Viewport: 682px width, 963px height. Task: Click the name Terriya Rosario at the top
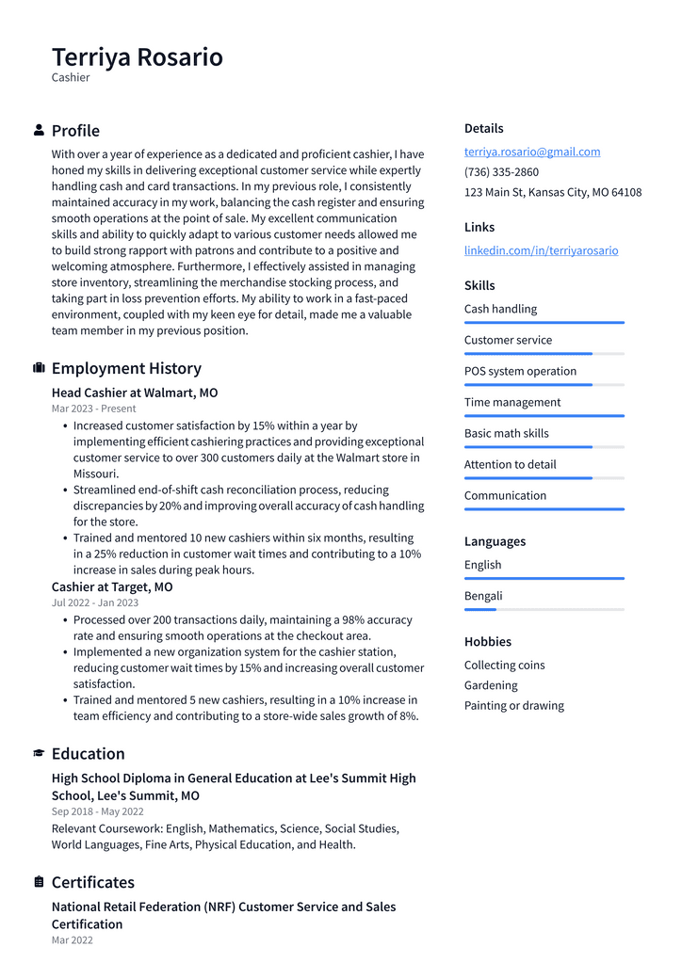[138, 57]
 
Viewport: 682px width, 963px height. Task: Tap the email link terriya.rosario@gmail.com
[531, 152]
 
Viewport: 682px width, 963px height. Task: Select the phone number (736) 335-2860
[501, 172]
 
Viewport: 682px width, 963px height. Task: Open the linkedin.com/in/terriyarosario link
[541, 250]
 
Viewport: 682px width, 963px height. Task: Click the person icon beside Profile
[39, 130]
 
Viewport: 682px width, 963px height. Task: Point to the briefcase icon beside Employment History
[39, 368]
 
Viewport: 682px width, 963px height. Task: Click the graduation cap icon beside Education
[39, 753]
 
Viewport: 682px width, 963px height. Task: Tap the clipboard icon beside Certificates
[39, 882]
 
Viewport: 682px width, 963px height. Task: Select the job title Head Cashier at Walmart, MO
[135, 393]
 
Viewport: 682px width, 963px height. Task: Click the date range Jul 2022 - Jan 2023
[95, 602]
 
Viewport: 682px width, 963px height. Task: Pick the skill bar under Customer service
[544, 354]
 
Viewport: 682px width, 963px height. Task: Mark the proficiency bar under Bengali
[544, 610]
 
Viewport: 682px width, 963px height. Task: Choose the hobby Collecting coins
[504, 665]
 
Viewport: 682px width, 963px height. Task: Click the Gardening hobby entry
[491, 685]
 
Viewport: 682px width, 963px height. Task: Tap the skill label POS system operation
[520, 371]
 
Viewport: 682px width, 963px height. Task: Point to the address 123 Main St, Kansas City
[552, 192]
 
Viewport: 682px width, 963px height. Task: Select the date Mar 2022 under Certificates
[73, 939]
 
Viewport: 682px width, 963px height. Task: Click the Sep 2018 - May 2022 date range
[98, 811]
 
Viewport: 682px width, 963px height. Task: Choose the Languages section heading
[495, 541]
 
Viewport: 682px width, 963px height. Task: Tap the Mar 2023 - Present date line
[93, 409]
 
